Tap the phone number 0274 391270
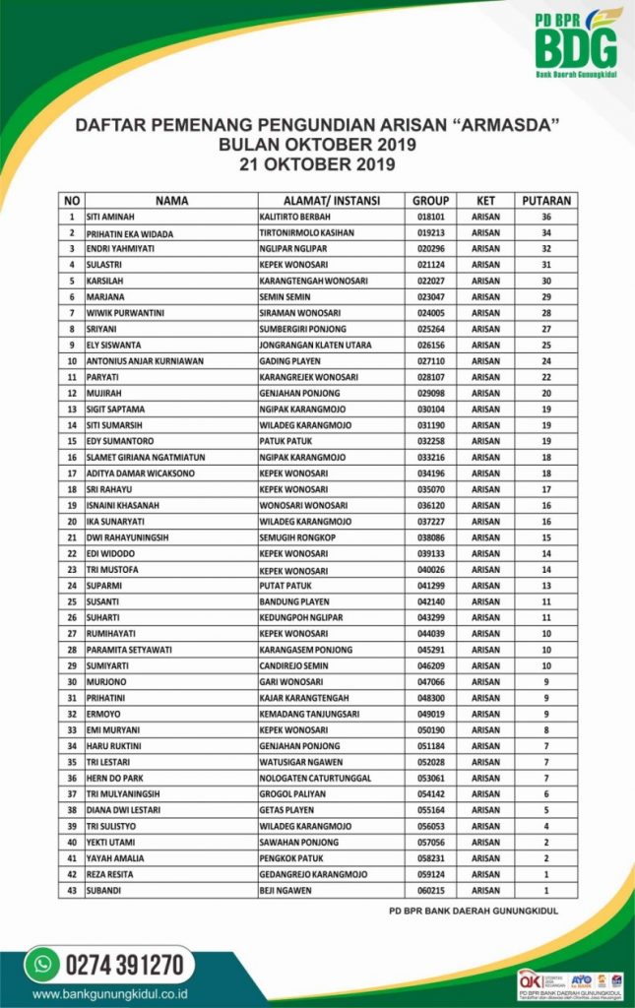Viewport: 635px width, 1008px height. point(124,963)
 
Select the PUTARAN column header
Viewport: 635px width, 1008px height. point(546,200)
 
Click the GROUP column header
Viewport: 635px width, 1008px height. point(430,200)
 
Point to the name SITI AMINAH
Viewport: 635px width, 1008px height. point(110,217)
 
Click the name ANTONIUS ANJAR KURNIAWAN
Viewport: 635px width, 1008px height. point(146,361)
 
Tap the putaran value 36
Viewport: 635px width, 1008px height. point(546,217)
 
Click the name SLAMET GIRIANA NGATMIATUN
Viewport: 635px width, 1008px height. point(149,458)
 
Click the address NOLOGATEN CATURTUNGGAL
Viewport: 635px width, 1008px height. point(314,778)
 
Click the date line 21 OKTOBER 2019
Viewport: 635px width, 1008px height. point(317,163)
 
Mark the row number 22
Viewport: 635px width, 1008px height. point(72,553)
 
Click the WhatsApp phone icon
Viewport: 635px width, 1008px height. point(42,963)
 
